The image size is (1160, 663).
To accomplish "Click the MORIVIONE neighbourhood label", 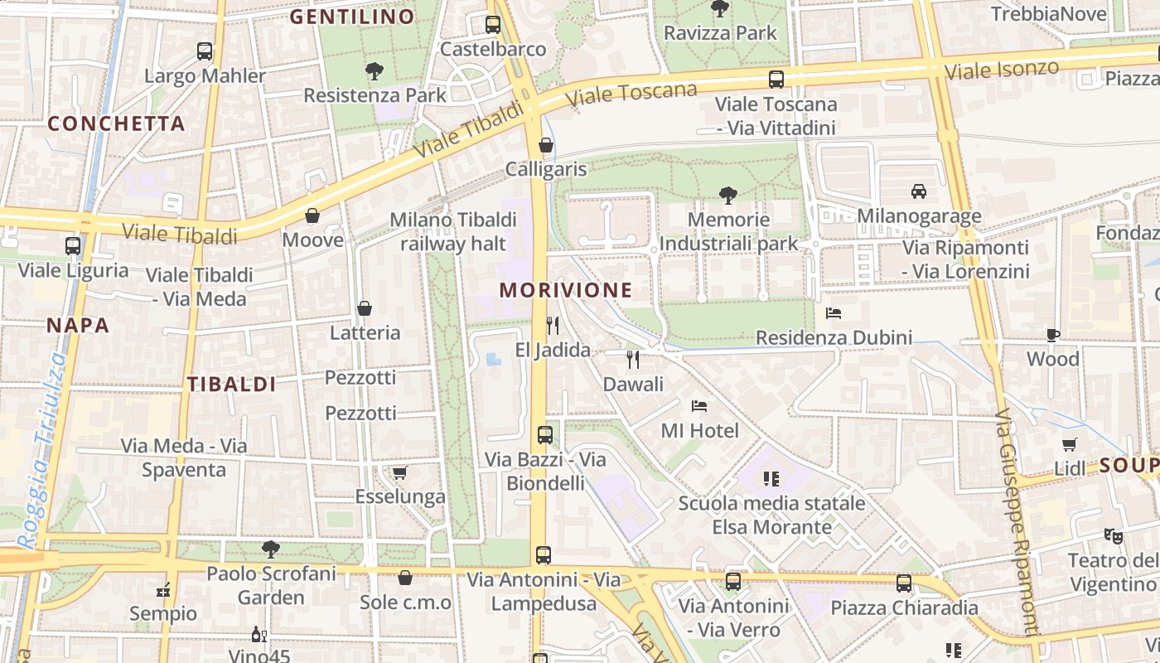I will [x=566, y=290].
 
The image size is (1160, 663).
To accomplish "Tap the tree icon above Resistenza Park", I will [x=375, y=70].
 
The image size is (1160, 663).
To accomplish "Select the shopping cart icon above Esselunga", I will [x=400, y=472].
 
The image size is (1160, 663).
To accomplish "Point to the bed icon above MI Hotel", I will [x=699, y=406].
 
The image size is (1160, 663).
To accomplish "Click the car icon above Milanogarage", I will [x=919, y=191].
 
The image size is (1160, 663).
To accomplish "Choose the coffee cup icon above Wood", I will [x=1053, y=335].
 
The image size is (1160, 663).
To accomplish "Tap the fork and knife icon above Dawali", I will [x=633, y=359].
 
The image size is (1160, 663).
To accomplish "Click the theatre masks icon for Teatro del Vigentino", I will [x=1113, y=535].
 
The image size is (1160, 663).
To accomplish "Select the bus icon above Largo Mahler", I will [x=205, y=51].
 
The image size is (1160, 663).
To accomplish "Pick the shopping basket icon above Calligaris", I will [x=546, y=145].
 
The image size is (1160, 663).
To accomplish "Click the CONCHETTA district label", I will [x=116, y=123].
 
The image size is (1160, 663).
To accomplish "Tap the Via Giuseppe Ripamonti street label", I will [x=1017, y=522].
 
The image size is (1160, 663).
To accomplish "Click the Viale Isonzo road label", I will [x=1002, y=70].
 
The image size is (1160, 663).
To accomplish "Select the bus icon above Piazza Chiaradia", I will [x=904, y=583].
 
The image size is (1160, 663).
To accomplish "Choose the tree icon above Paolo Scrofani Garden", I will [x=270, y=549].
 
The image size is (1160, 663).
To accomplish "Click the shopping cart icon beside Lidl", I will [x=1070, y=444].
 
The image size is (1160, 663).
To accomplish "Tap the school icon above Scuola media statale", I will [x=771, y=478].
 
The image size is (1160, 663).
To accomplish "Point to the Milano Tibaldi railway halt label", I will [x=453, y=231].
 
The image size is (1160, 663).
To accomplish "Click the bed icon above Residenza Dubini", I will [x=834, y=313].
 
